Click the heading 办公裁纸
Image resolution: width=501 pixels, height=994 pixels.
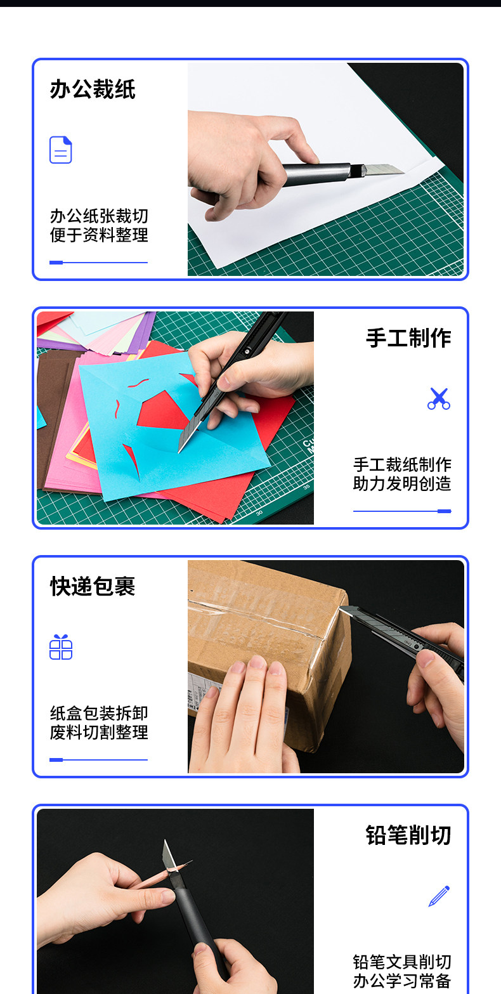tap(93, 89)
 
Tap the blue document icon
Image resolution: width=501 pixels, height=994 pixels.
tap(61, 150)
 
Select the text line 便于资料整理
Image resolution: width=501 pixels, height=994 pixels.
tap(99, 235)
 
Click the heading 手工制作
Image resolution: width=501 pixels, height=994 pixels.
tap(408, 337)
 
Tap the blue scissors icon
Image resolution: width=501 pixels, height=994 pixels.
tap(439, 398)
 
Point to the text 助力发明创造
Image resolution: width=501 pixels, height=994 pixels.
tap(402, 484)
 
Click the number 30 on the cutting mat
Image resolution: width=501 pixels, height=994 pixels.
tap(259, 513)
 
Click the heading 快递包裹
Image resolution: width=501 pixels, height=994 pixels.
tap(93, 586)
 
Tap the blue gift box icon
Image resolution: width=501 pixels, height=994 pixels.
tap(61, 647)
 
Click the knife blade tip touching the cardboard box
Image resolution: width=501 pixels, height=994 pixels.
tap(341, 608)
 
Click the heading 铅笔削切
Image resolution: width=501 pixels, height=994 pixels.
tap(408, 835)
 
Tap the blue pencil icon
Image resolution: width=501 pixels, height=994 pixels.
tap(439, 896)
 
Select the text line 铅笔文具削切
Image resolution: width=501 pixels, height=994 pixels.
tap(402, 962)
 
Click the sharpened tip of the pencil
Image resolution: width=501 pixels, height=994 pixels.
tap(192, 861)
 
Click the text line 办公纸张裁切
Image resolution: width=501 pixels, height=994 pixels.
tap(99, 216)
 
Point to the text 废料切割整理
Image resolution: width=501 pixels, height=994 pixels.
tap(99, 732)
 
